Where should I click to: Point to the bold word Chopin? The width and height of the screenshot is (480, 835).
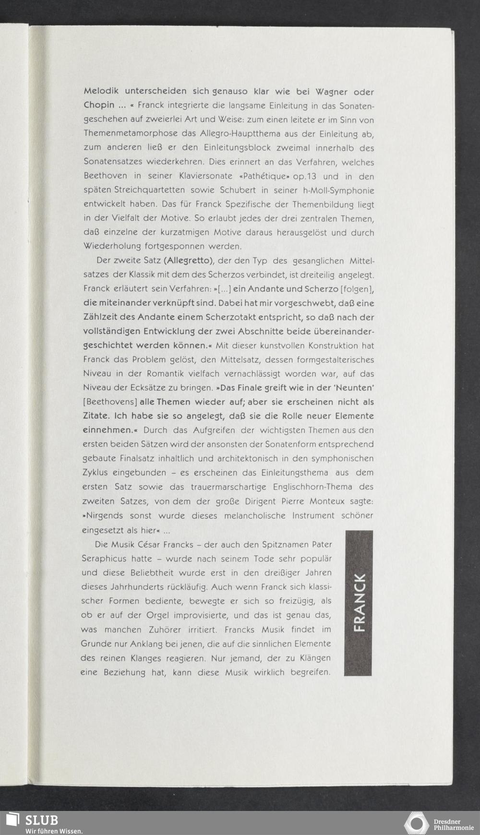99,105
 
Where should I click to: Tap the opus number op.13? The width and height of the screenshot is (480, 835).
304,176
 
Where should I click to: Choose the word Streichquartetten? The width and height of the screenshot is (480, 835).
157,191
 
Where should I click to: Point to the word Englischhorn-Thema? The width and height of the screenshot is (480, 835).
312,487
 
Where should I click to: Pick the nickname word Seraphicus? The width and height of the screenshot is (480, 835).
104,559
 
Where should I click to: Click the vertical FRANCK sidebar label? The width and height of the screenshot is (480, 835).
358,603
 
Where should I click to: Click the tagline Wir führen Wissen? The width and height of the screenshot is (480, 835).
54,831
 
